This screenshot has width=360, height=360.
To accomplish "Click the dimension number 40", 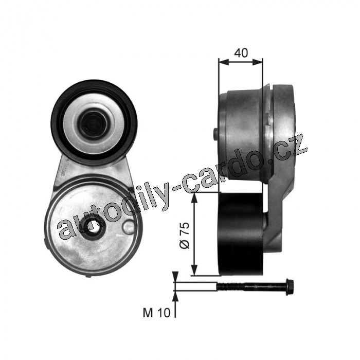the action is [x=241, y=53].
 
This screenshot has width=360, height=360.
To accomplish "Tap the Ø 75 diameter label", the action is [x=185, y=235].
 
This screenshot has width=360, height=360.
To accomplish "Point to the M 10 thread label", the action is [x=156, y=313].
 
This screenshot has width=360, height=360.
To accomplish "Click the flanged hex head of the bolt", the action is [x=290, y=287].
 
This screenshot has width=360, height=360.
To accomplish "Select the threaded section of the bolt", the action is [x=231, y=286].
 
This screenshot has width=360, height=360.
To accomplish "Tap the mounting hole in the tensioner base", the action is [x=93, y=227].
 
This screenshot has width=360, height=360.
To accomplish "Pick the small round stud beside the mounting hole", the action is [x=129, y=227].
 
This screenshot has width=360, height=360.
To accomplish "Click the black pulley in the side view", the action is [x=242, y=234].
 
